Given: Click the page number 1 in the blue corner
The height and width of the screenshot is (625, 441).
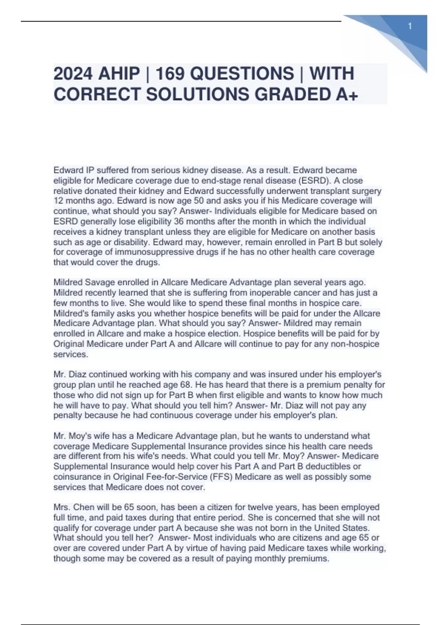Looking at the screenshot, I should click(410, 26).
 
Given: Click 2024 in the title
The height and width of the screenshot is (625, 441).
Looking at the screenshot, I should click(73, 74).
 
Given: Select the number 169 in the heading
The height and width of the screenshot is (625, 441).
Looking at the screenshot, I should click(170, 74).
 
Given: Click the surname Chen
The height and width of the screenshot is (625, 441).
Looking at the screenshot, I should click(84, 507).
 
